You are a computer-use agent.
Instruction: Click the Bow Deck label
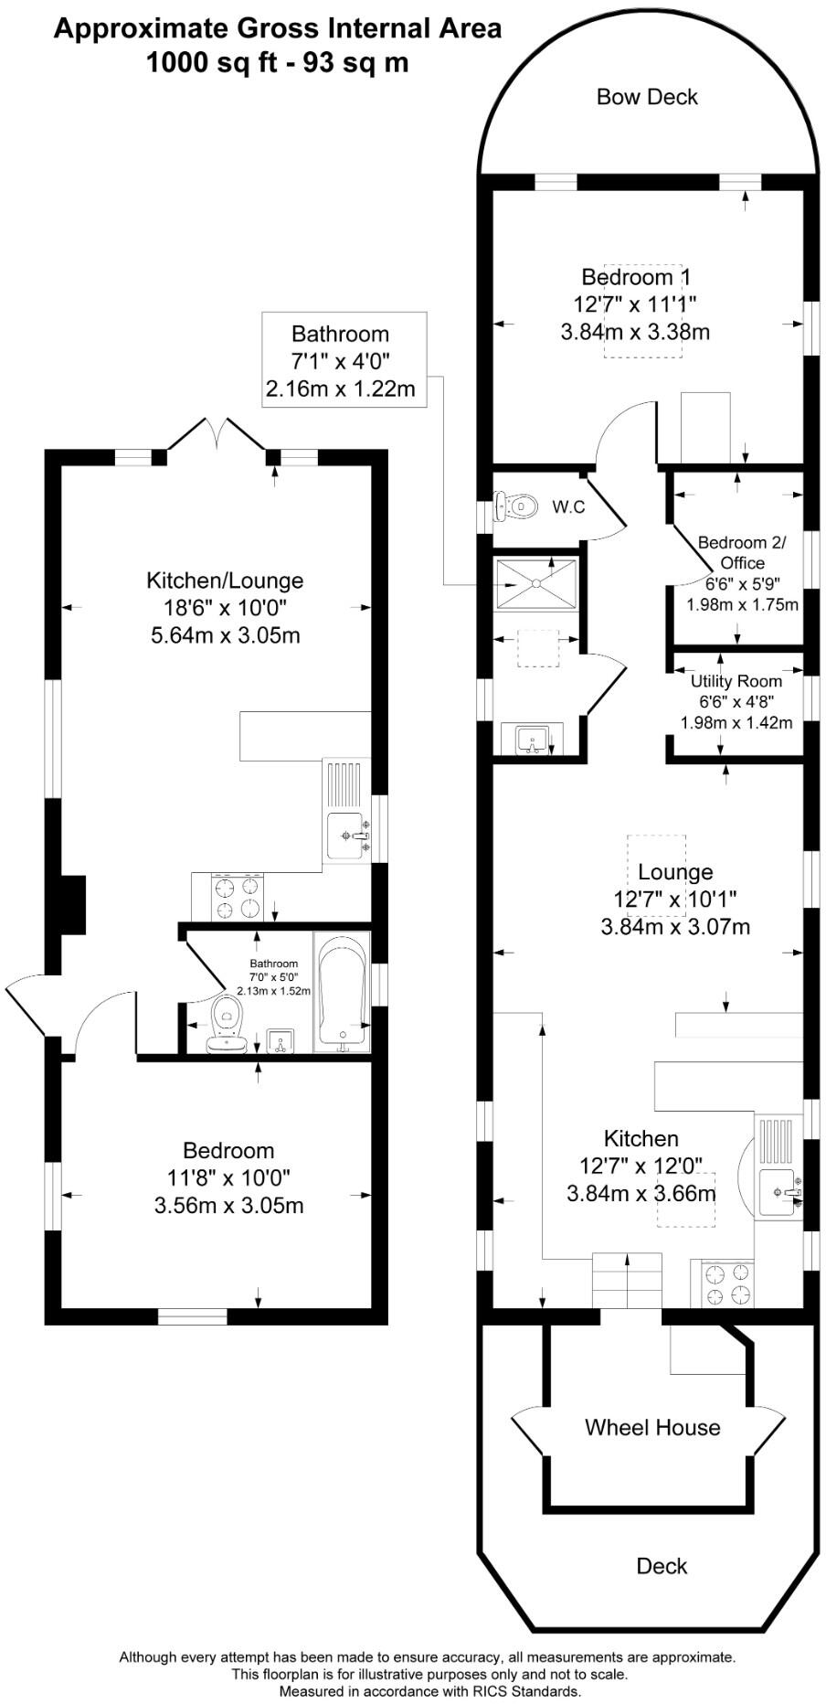(647, 97)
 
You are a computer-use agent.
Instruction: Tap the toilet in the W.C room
(514, 506)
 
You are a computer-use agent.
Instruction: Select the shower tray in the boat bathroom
(536, 581)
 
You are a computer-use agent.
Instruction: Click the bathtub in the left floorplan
(342, 992)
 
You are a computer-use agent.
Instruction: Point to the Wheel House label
(652, 1427)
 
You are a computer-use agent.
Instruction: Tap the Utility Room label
(736, 681)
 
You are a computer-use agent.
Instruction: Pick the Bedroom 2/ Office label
(741, 552)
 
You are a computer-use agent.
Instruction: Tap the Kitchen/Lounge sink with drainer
(347, 811)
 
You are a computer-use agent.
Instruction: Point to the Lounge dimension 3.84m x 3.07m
(675, 927)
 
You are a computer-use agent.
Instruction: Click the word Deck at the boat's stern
(662, 1566)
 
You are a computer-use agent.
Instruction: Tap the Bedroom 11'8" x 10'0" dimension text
(228, 1177)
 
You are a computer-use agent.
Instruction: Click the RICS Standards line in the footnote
(429, 1691)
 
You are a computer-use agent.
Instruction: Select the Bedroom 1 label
(636, 276)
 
